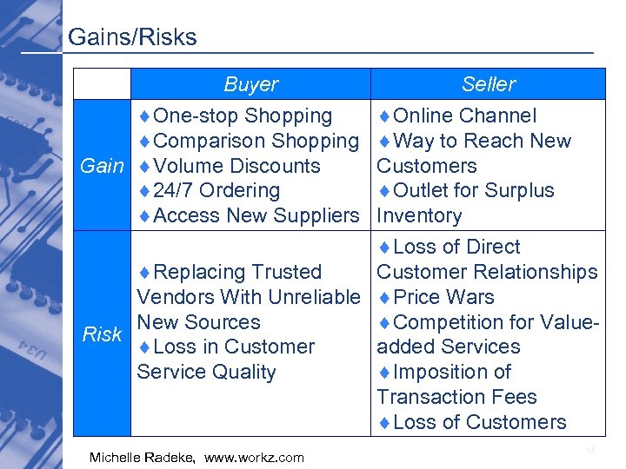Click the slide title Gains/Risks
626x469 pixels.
pos(132,37)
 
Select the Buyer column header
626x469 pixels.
pos(250,84)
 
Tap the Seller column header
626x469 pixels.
pos(488,84)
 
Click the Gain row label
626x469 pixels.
pos(102,166)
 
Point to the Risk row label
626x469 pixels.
pos(101,334)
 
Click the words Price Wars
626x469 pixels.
pos(443,297)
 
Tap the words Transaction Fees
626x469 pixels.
pos(456,397)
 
